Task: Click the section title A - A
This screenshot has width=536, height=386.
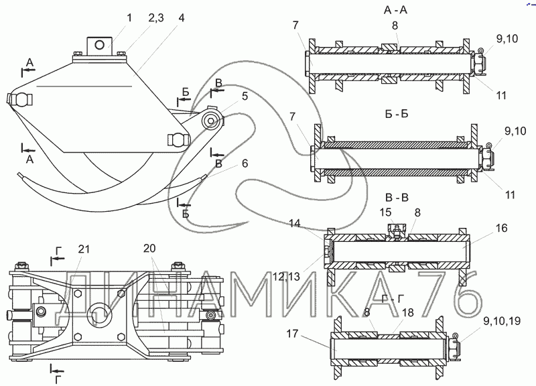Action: (x=395, y=10)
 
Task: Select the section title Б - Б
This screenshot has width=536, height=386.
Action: (x=397, y=114)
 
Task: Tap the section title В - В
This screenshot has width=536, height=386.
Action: (x=397, y=198)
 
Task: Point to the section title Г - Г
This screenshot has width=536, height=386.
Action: (x=393, y=299)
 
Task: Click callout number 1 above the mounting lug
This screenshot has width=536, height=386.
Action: (x=129, y=18)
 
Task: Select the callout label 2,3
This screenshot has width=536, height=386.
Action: (x=156, y=18)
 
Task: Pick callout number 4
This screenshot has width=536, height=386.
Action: (x=182, y=18)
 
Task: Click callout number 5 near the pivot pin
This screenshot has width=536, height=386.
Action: (x=245, y=96)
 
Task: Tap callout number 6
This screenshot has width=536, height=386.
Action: (x=245, y=164)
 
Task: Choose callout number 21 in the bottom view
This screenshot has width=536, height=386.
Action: (x=84, y=249)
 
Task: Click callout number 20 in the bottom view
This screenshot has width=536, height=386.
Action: (x=149, y=248)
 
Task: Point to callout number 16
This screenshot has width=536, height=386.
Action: (x=501, y=228)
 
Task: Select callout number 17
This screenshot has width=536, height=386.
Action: (x=293, y=333)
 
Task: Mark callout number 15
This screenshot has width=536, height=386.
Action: (x=385, y=212)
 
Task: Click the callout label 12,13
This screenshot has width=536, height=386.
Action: (x=287, y=276)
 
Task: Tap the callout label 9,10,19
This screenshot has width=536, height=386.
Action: (x=502, y=322)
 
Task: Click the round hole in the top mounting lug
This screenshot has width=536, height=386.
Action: (x=100, y=44)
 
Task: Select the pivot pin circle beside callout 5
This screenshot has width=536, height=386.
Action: (x=210, y=121)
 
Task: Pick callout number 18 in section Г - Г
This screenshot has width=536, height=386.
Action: (x=408, y=312)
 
